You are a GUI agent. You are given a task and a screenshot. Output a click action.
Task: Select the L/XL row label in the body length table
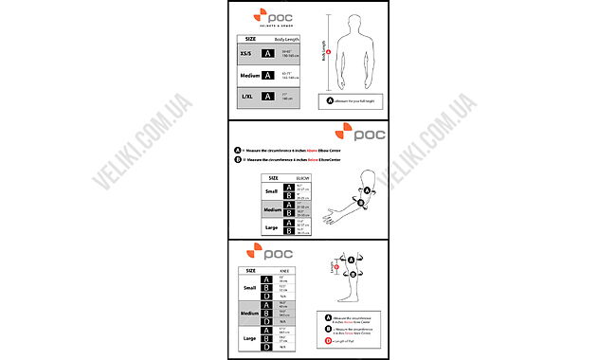click(x=246, y=97)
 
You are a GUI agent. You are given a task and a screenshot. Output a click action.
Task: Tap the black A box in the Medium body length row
click(x=268, y=76)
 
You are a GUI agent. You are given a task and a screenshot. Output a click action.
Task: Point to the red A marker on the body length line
click(x=328, y=52)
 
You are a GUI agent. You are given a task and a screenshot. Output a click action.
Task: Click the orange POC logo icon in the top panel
click(x=255, y=16)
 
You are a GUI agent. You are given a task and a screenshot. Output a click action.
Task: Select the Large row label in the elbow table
click(x=272, y=227)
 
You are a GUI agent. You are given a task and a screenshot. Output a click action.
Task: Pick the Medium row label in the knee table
click(x=250, y=313)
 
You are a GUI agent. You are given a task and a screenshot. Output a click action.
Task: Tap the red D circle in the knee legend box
click(x=329, y=338)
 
